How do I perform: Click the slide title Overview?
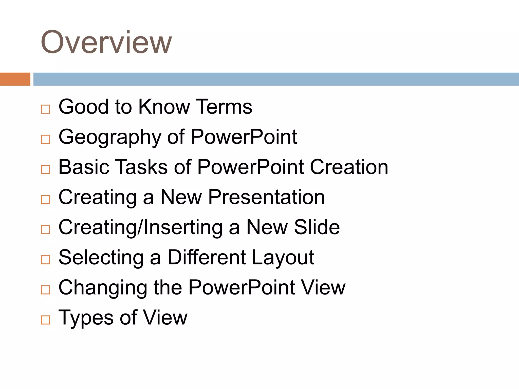coord(106,42)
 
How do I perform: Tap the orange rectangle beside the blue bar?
coord(15,79)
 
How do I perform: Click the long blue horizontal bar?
coord(276,79)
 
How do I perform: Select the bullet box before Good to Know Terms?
coord(46,109)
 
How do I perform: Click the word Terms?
coord(224,107)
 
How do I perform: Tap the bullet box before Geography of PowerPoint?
coord(46,139)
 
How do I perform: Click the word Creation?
coord(349,167)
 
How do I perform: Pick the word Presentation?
coord(266,197)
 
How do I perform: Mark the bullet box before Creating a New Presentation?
coord(46,200)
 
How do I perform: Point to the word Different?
coord(207,257)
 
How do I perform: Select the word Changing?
coord(103,288)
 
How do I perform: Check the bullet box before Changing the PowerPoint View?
coord(46,290)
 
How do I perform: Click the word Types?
coord(86,318)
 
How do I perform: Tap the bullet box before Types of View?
coord(46,320)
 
